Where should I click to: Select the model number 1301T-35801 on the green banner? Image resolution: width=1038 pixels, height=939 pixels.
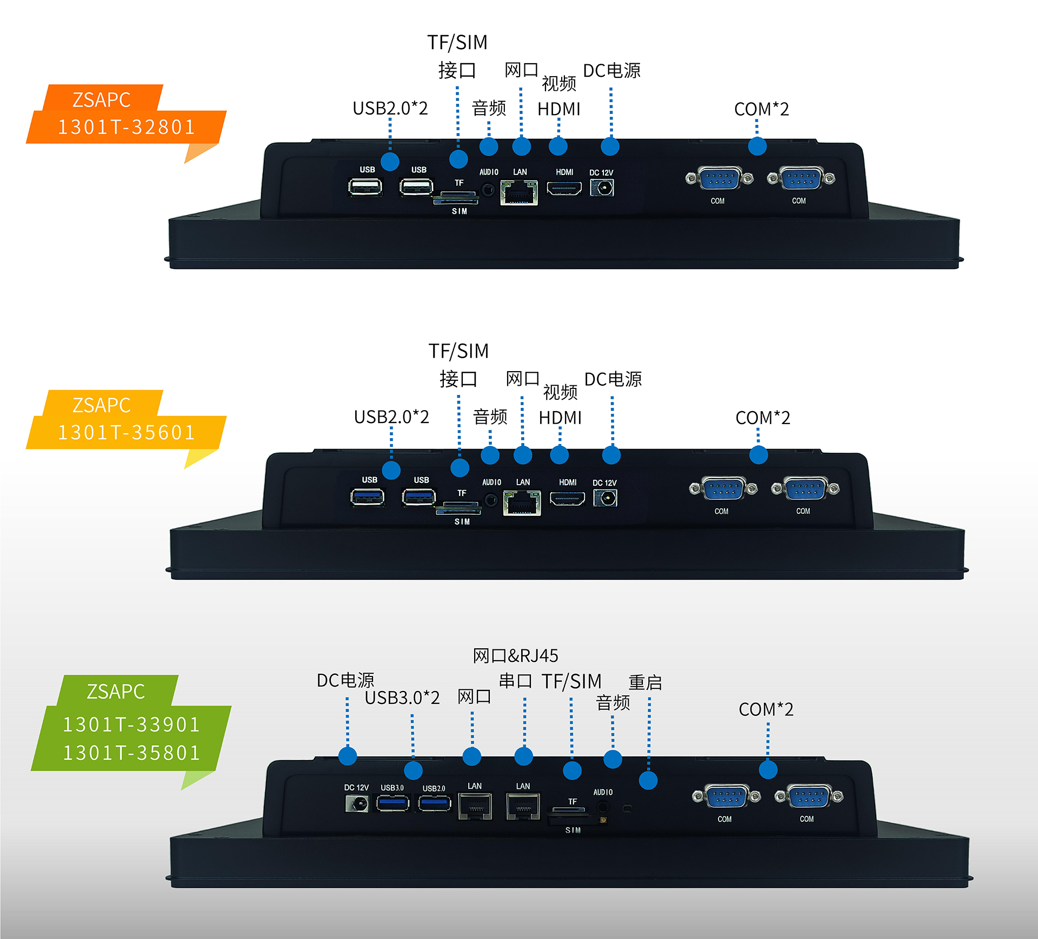(x=131, y=753)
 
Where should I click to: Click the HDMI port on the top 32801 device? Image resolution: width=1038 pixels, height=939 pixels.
(x=564, y=189)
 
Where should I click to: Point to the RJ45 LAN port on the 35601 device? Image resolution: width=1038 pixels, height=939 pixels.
(x=522, y=503)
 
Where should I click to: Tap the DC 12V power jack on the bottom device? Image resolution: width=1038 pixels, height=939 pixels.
(x=357, y=804)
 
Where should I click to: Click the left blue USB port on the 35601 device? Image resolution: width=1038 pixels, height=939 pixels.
(x=368, y=497)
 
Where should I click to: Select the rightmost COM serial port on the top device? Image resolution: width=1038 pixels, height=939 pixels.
(x=801, y=179)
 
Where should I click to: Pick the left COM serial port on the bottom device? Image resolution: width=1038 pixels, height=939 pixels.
(x=727, y=796)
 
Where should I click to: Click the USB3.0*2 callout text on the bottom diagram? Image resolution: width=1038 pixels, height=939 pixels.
(x=402, y=697)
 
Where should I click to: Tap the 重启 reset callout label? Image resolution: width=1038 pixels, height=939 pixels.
(x=645, y=682)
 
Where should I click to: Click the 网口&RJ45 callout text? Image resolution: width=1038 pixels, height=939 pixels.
(x=515, y=656)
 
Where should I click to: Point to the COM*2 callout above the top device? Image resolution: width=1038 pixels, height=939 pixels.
(x=761, y=109)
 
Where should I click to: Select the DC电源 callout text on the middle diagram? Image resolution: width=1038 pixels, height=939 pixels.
(x=613, y=379)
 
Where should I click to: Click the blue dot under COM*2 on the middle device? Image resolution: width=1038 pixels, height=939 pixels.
(x=758, y=455)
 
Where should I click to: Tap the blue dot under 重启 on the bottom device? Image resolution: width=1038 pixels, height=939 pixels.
(x=648, y=780)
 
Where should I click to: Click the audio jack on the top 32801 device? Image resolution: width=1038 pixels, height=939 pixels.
(x=489, y=190)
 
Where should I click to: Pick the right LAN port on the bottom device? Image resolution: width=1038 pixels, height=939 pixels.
(x=523, y=807)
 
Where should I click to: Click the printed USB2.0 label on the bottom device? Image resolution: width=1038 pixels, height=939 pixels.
(x=434, y=788)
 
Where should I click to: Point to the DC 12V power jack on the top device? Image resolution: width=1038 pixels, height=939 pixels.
(x=602, y=187)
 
